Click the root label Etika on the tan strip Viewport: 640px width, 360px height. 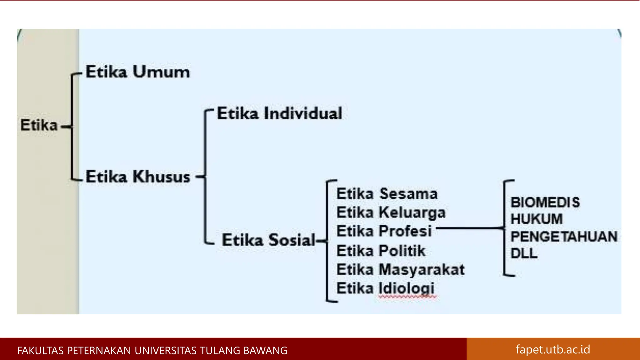pyautogui.click(x=39, y=125)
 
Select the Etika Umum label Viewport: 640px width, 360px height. pyautogui.click(x=137, y=72)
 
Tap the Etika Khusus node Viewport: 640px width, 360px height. pyautogui.click(x=138, y=177)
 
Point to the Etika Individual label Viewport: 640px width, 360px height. pyautogui.click(x=279, y=113)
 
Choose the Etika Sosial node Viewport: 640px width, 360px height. pyautogui.click(x=268, y=240)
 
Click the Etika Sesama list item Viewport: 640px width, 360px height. pyautogui.click(x=387, y=194)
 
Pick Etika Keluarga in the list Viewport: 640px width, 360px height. pyautogui.click(x=391, y=213)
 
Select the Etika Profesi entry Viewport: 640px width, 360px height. pyautogui.click(x=384, y=232)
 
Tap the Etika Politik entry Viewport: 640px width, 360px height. pyautogui.click(x=381, y=251)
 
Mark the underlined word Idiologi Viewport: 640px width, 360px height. pyautogui.click(x=407, y=288)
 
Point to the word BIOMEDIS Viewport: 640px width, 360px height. pyautogui.click(x=545, y=202)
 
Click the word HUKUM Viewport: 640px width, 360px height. pyautogui.click(x=537, y=219)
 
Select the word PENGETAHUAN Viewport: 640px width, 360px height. pyautogui.click(x=564, y=237)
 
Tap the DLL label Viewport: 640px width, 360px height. pyautogui.click(x=524, y=253)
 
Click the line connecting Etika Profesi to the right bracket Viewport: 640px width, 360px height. pyautogui.click(x=469, y=228)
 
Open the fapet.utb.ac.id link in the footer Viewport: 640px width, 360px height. pyautogui.click(x=553, y=349)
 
